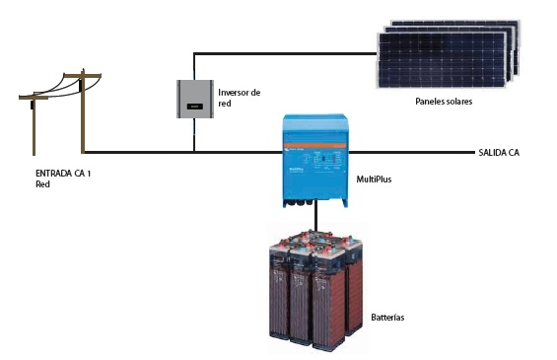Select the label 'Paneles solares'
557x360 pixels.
point(446,101)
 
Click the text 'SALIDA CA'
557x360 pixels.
point(500,152)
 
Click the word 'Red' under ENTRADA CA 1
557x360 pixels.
point(42,184)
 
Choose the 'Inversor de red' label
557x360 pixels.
point(238,97)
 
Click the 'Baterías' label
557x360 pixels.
point(388,318)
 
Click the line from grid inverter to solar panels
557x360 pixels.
point(286,52)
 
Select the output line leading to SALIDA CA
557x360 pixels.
point(414,152)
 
